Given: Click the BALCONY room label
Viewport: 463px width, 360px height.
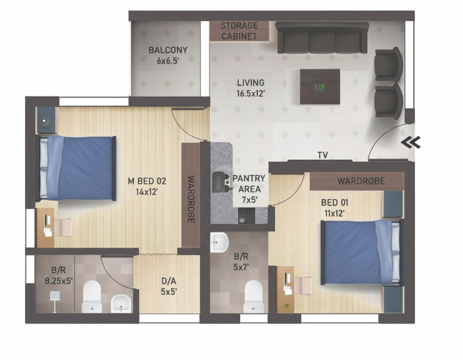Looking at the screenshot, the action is pyautogui.click(x=168, y=50).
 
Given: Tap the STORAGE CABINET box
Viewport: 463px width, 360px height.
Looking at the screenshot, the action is pyautogui.click(x=239, y=31).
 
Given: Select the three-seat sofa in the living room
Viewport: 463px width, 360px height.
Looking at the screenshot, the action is pyautogui.click(x=322, y=37).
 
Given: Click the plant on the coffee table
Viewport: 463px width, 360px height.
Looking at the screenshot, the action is pyautogui.click(x=320, y=87).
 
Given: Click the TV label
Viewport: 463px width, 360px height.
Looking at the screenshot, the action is pyautogui.click(x=322, y=155).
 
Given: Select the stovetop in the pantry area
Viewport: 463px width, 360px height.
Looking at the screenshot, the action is pyautogui.click(x=246, y=216).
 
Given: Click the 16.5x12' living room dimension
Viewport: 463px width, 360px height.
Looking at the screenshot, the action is pyautogui.click(x=250, y=94).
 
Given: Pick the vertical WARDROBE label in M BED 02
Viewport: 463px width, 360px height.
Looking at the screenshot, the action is pyautogui.click(x=191, y=199).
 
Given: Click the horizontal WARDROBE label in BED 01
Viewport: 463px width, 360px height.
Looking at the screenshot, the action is pyautogui.click(x=361, y=181).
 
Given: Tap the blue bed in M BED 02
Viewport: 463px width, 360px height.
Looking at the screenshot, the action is pyautogui.click(x=76, y=168).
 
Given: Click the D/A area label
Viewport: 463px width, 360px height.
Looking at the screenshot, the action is pyautogui.click(x=169, y=280).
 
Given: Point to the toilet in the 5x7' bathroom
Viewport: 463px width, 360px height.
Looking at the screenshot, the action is pyautogui.click(x=253, y=296).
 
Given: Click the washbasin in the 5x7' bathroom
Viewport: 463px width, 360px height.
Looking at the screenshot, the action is pyautogui.click(x=219, y=243).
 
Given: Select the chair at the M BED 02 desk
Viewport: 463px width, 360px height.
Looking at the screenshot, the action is pyautogui.click(x=63, y=227).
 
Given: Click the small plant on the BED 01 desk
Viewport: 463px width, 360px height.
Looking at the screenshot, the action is pyautogui.click(x=286, y=305).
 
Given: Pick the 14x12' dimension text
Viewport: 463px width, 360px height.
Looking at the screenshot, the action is pyautogui.click(x=147, y=192).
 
